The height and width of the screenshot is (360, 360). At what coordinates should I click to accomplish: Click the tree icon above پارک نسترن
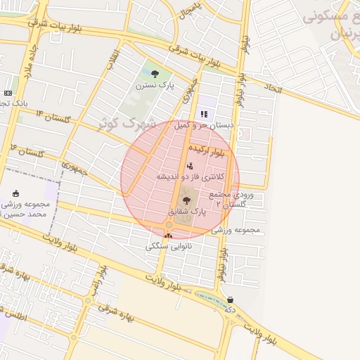tap(155, 74)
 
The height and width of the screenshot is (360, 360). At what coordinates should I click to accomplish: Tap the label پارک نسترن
tap(154, 85)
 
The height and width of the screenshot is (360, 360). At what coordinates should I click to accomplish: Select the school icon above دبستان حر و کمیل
tap(204, 114)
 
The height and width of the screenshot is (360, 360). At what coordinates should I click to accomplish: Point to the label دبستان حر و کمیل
tap(203, 124)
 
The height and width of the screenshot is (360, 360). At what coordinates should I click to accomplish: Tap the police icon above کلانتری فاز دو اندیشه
tap(190, 166)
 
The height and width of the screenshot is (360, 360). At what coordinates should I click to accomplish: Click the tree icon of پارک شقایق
tap(186, 201)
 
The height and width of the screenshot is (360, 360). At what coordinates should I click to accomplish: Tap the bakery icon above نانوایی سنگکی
tap(168, 235)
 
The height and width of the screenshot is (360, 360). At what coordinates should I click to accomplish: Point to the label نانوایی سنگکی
tap(167, 246)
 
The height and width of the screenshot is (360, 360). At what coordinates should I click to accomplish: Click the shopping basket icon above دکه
tap(230, 300)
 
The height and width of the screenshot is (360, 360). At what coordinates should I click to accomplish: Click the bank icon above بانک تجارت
tap(8, 93)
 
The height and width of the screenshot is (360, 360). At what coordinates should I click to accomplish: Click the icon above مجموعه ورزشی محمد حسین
tap(16, 193)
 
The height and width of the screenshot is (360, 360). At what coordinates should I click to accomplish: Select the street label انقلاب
tap(112, 60)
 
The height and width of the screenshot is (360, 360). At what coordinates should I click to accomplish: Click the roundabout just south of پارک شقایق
tap(169, 225)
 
